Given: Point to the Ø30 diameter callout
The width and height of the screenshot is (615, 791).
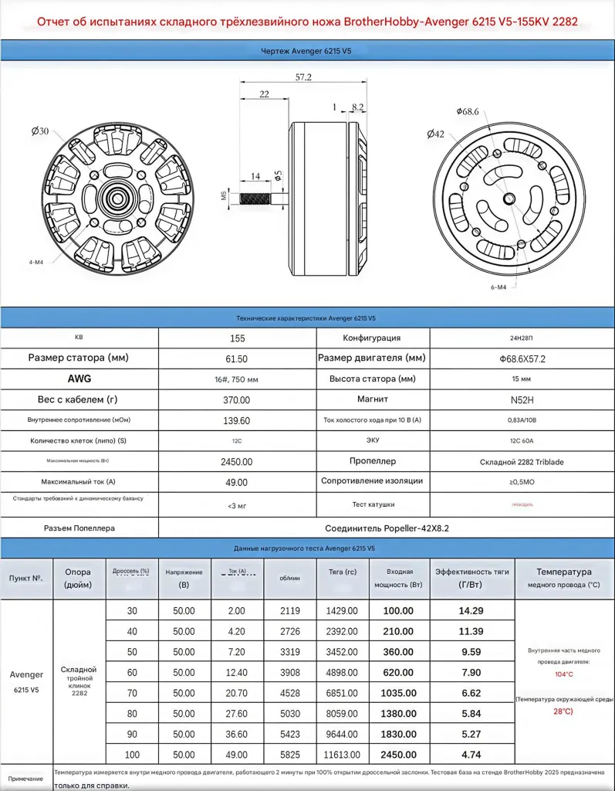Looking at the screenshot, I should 40,131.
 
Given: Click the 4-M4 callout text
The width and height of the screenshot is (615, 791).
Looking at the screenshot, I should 36,261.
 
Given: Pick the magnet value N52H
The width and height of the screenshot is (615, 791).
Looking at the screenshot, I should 520,399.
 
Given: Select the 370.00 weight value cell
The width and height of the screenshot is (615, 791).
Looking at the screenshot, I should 238,399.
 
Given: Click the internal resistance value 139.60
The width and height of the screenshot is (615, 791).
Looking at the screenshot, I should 238,420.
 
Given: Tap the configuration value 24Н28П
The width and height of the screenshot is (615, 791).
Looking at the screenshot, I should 520,338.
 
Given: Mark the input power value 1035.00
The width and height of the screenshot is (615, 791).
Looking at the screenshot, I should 399,693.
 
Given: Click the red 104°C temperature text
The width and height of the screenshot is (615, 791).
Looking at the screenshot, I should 564,674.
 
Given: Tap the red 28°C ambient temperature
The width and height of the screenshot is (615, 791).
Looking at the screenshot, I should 564,711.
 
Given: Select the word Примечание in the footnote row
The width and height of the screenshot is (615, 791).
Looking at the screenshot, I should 26,779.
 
